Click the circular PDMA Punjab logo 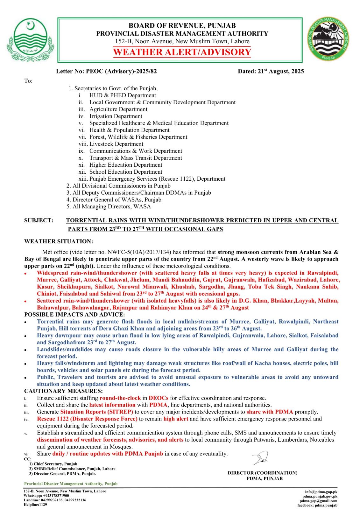(328, 39)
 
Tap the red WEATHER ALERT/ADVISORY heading (182, 52)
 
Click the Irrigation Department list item (116, 116)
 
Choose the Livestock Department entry (116, 144)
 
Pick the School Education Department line (126, 172)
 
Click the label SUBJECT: (39, 220)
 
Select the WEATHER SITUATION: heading (59, 242)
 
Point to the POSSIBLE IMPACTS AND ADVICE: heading (74, 315)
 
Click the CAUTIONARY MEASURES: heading (63, 391)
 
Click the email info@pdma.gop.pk (321, 492)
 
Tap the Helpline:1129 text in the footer (35, 505)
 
